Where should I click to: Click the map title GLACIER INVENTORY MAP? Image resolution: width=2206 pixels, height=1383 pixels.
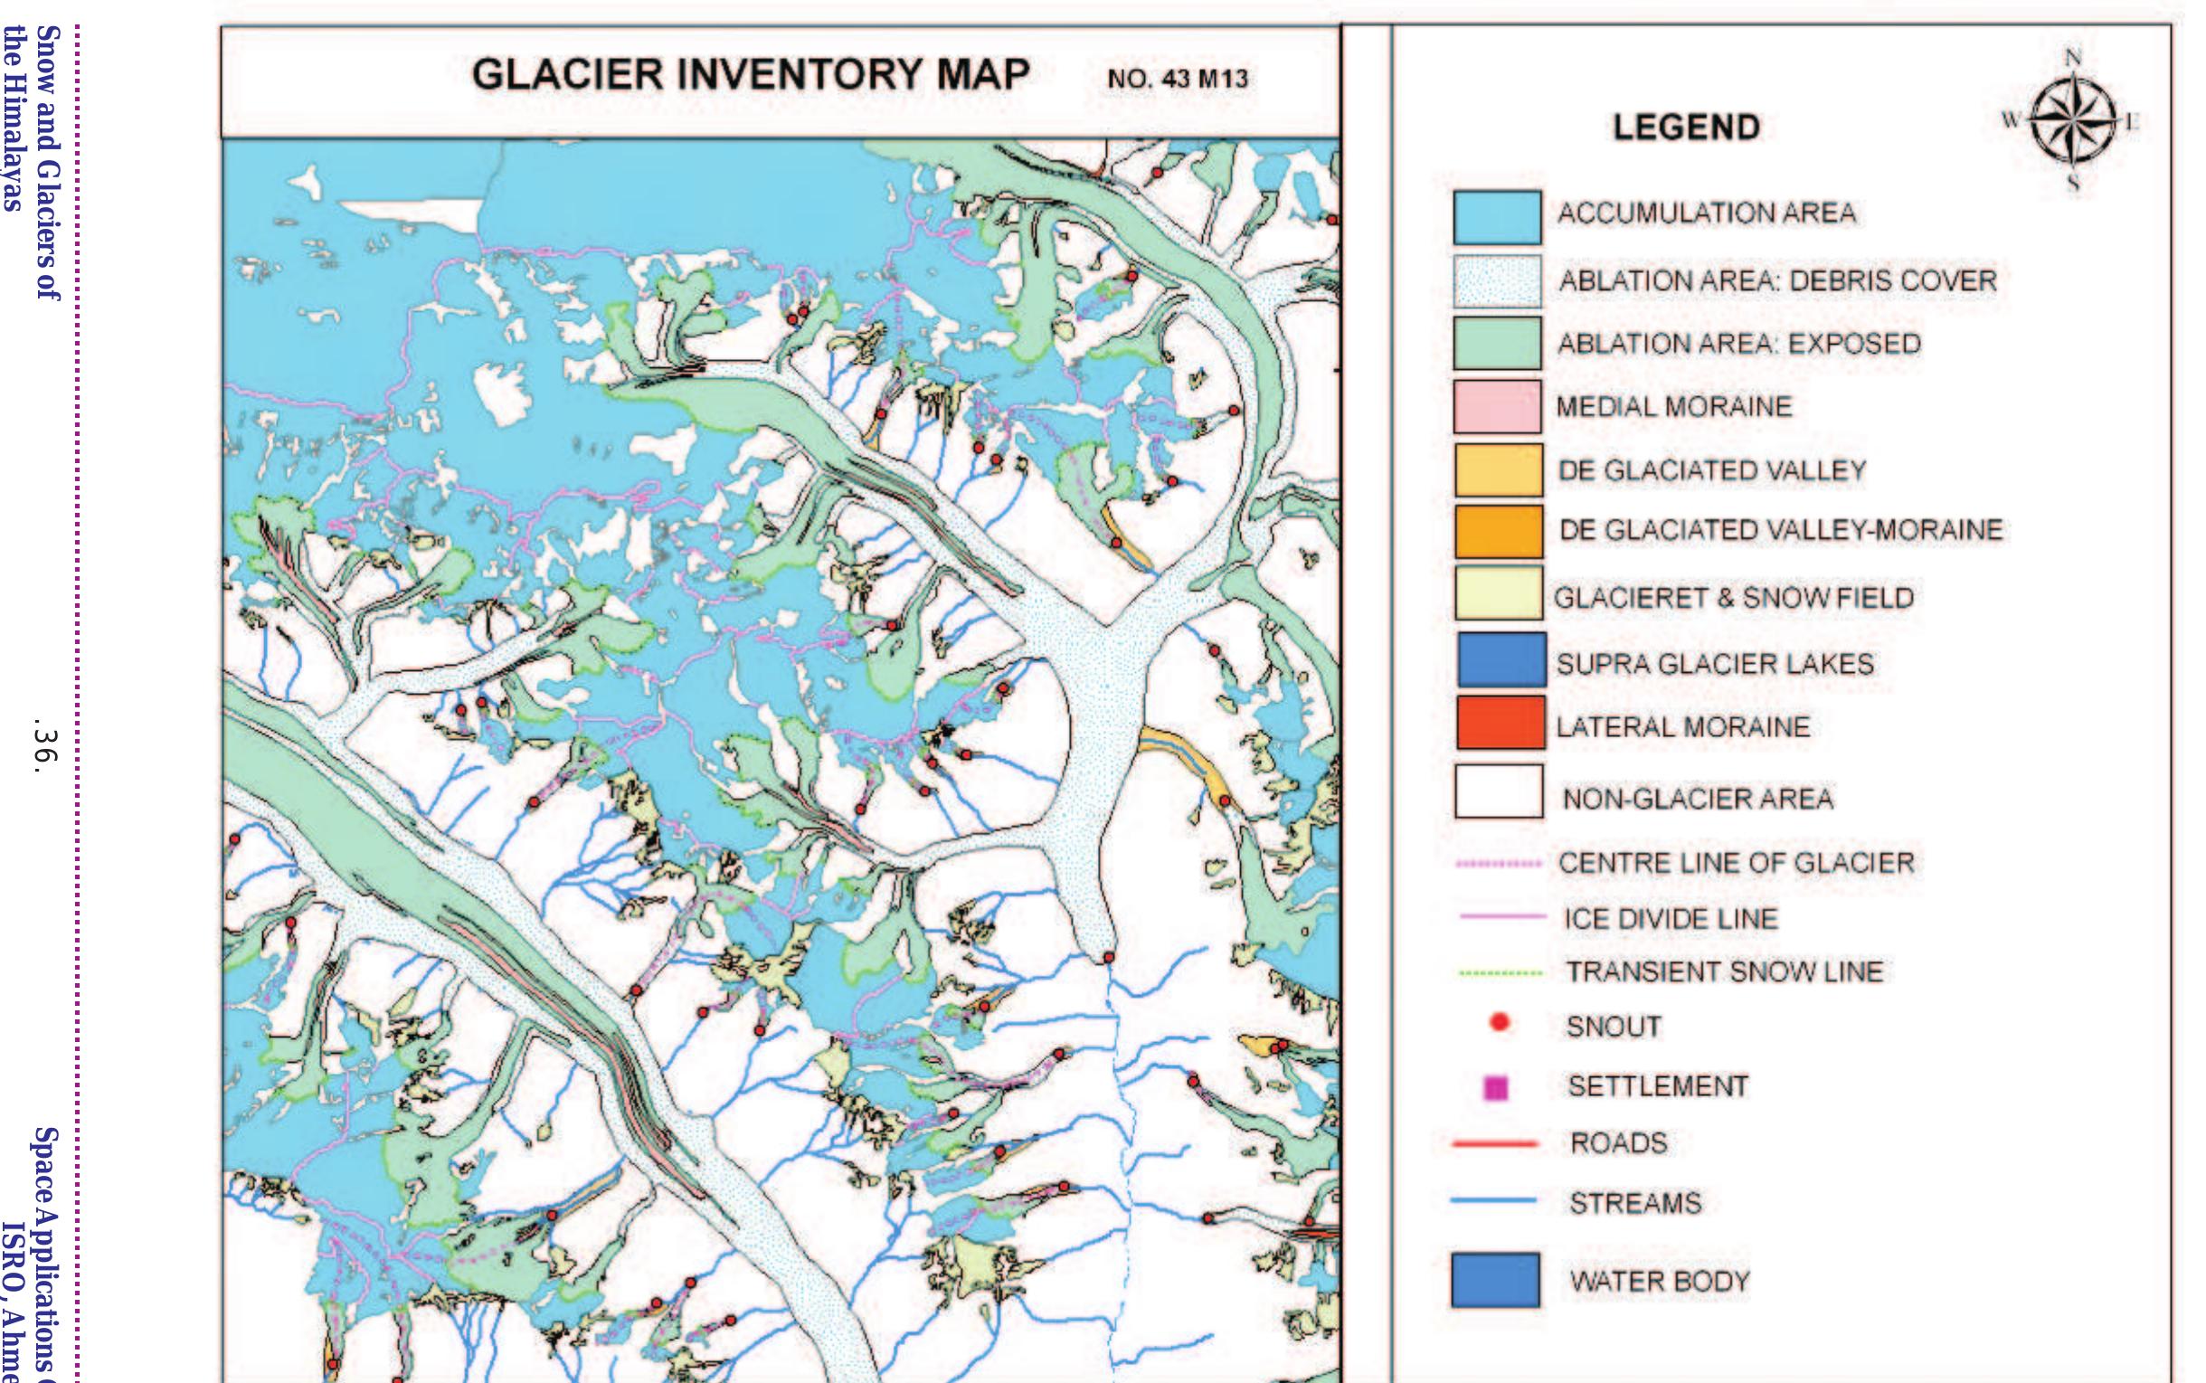point(750,75)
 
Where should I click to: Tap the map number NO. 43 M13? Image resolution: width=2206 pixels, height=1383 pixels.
point(1177,80)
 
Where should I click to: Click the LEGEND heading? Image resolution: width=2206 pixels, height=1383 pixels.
point(1686,128)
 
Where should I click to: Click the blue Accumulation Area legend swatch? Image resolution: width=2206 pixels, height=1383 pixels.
point(1496,217)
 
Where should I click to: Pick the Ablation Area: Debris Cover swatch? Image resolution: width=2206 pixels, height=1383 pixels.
point(1496,280)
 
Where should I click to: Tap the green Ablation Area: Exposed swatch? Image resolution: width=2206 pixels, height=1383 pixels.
point(1496,343)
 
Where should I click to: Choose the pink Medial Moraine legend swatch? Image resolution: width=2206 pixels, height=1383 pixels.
point(1496,406)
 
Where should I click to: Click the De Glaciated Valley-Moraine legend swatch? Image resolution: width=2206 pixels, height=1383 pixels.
point(1498,532)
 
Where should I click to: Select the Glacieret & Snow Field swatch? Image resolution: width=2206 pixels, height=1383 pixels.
point(1498,593)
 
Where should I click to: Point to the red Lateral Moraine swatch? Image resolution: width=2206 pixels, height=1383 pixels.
point(1500,723)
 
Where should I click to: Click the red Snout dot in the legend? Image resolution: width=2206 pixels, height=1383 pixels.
point(1498,1023)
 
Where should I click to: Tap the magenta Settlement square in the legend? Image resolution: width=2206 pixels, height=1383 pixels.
point(1496,1087)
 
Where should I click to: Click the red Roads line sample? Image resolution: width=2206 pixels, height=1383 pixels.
point(1494,1143)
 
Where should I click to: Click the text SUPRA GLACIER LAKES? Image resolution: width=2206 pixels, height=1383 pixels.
point(1715,664)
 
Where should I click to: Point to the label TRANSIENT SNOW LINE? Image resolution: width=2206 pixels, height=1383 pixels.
point(1725,971)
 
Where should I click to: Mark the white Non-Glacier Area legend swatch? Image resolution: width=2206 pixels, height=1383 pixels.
point(1498,792)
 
